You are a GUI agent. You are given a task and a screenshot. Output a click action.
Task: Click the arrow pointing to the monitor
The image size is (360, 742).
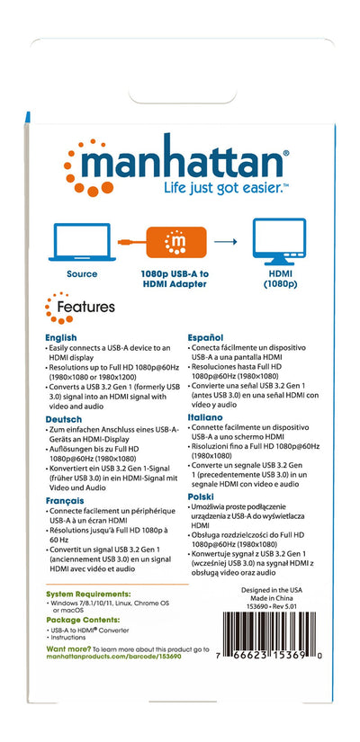pyautogui.click(x=225, y=242)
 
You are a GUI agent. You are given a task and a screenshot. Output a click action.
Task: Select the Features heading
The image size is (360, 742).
pyautogui.click(x=85, y=308)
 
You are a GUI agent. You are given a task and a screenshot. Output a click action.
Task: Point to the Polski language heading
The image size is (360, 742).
pyautogui.click(x=206, y=497)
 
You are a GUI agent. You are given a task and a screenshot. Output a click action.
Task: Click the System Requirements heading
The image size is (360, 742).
pyautogui.click(x=88, y=594)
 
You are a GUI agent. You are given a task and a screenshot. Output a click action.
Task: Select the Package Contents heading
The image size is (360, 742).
pyautogui.click(x=82, y=621)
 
